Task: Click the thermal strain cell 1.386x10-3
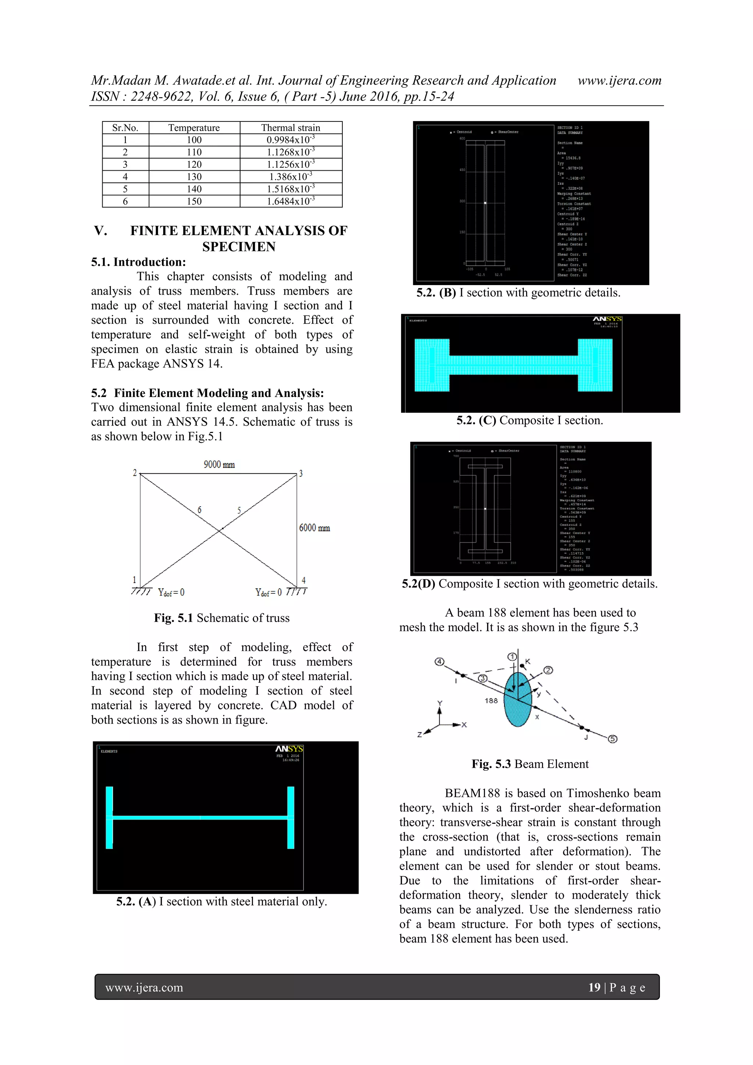tap(291, 177)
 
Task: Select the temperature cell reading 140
tap(194, 189)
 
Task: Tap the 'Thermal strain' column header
tap(291, 128)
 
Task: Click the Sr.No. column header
tap(125, 128)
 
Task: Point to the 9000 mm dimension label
tap(219, 464)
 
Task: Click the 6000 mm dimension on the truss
tap(314, 528)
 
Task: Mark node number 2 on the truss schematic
tap(135, 473)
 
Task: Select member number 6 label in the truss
tap(199, 510)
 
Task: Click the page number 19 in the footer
tap(594, 987)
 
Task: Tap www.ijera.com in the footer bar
tap(144, 987)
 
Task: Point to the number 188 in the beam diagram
tap(491, 700)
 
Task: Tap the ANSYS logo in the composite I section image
tap(607, 319)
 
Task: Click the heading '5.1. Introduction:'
tap(138, 262)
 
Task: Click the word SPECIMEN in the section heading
tap(239, 246)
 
